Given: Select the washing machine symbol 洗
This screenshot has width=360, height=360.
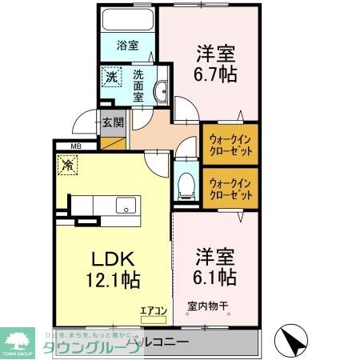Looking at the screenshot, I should click(111, 78).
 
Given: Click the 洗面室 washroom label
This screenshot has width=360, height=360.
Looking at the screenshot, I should click(138, 83).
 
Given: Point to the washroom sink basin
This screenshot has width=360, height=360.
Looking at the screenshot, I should click(160, 91).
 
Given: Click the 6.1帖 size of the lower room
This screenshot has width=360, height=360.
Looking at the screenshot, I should click(215, 278).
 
